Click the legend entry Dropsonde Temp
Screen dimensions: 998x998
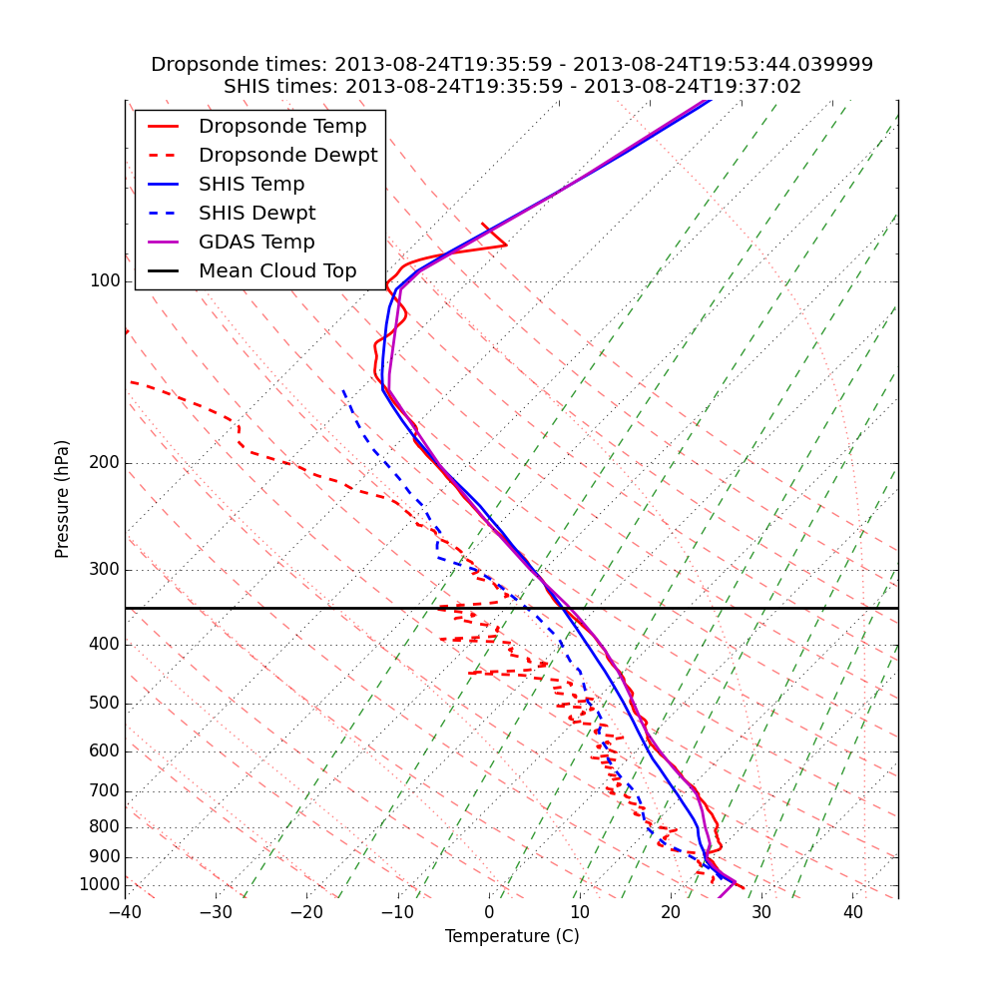pos(282,127)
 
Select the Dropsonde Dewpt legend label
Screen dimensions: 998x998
pos(287,156)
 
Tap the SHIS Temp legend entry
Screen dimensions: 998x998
pos(251,185)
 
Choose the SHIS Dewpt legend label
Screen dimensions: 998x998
pos(256,214)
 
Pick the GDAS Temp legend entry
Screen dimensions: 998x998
pos(256,243)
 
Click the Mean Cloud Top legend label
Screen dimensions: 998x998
pos(277,271)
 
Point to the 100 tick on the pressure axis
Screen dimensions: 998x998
pos(104,281)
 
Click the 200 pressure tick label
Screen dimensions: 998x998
pos(104,463)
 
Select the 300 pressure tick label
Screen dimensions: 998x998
pos(104,570)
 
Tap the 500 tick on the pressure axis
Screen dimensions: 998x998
pos(104,704)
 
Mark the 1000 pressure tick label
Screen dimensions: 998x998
pos(99,885)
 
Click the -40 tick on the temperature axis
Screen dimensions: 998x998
pos(125,912)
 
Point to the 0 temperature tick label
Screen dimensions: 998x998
pos(489,912)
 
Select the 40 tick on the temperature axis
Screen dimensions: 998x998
pos(852,912)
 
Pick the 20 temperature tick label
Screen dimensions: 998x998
pos(671,912)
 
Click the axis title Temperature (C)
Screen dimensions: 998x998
pos(512,936)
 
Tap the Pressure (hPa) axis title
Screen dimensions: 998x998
pos(63,499)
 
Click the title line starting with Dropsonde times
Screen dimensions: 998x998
pos(512,65)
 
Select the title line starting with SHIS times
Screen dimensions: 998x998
pos(512,87)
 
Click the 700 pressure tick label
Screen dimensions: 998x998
pos(104,791)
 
